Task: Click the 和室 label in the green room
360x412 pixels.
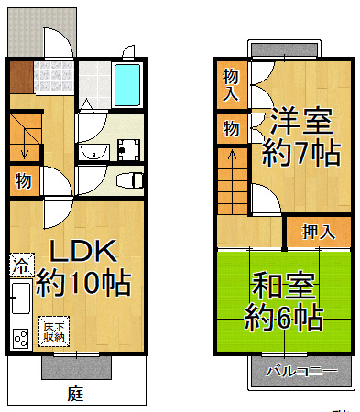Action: pos(283,286)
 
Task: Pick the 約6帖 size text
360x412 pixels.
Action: pos(283,319)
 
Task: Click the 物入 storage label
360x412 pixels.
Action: pos(230,84)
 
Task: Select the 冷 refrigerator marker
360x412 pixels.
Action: pos(20,268)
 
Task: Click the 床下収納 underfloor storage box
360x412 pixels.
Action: pos(53,331)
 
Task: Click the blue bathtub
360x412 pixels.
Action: pos(126,87)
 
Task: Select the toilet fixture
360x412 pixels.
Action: pos(129,178)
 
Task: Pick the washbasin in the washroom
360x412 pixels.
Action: pos(91,152)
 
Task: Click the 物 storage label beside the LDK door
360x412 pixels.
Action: pos(23,181)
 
